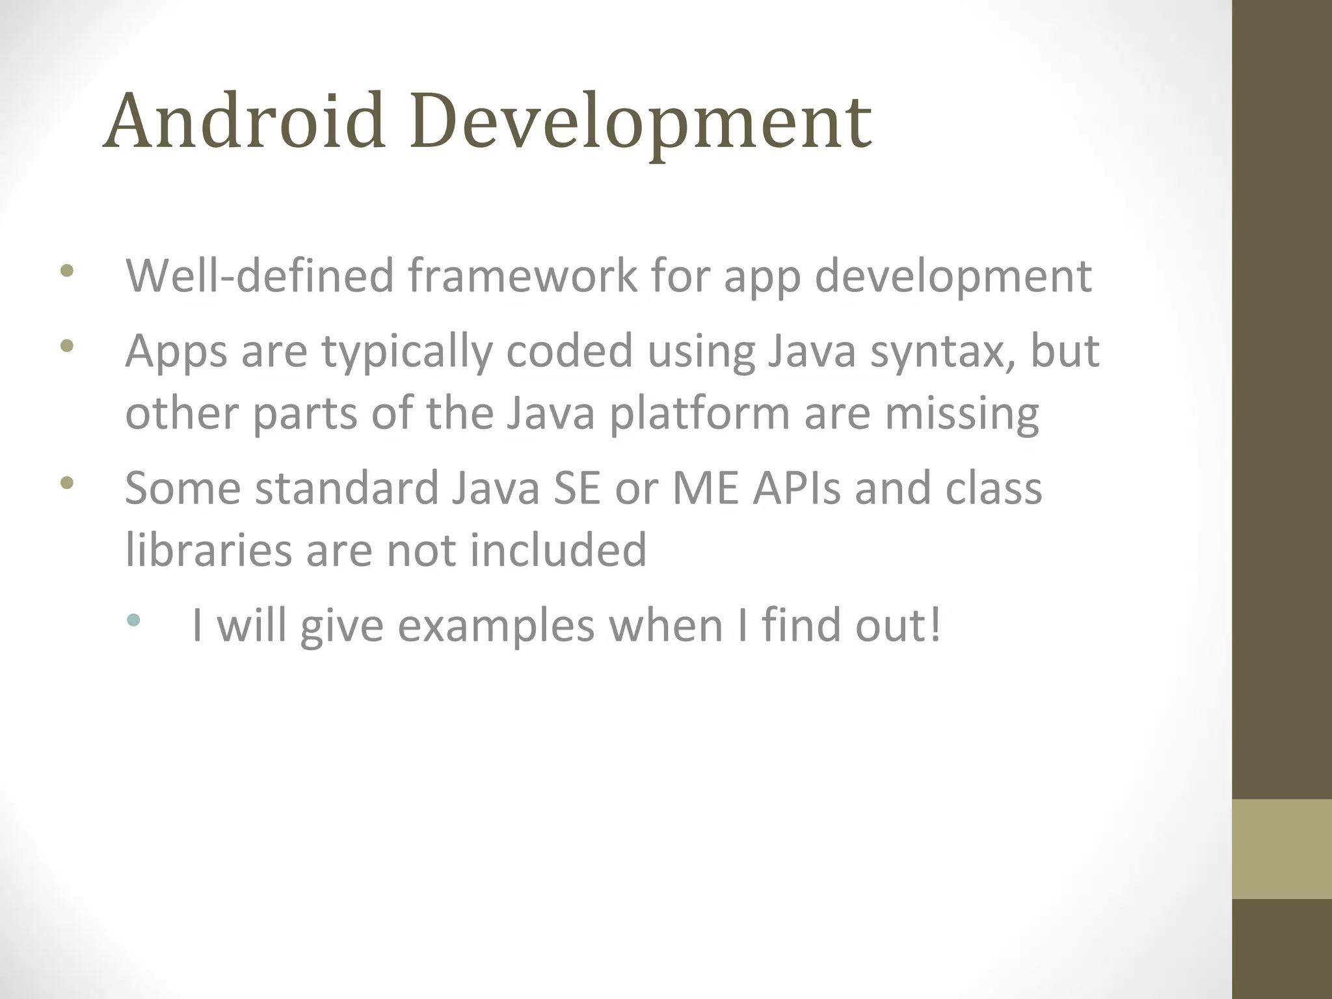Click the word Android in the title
tap(245, 121)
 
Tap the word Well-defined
tap(260, 276)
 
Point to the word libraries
tap(208, 550)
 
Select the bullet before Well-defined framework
tap(66, 271)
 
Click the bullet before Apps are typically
tap(66, 346)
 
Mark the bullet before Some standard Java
tap(66, 483)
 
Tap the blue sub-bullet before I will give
tap(133, 620)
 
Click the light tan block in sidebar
tap(1281, 849)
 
